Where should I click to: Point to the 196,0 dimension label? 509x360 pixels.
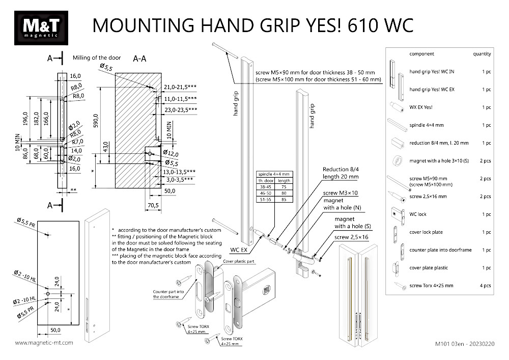tap(24, 118)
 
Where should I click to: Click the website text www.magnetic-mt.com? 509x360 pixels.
tap(44, 343)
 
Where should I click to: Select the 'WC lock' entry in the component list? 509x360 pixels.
tap(418, 214)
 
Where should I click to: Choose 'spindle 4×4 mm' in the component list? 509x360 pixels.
tap(427, 125)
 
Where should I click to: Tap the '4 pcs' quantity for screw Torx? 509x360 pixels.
tap(486, 286)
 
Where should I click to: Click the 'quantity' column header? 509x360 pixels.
tap(482, 54)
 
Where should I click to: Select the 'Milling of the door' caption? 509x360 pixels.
tap(97, 58)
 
